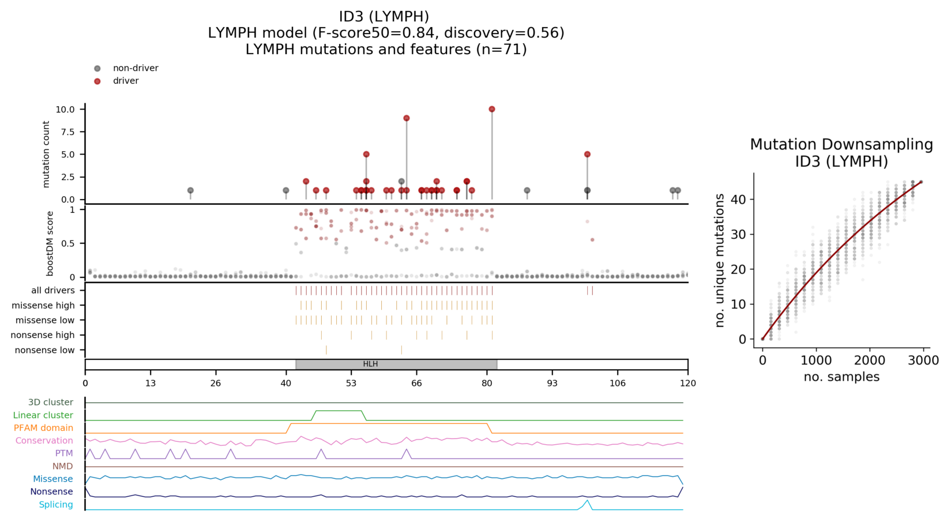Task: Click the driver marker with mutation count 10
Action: point(492,110)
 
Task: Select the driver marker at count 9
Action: point(407,118)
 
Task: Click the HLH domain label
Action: point(370,365)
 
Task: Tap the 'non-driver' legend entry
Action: point(135,68)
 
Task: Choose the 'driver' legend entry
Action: point(125,81)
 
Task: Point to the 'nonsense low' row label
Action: point(45,350)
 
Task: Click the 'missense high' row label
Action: point(43,305)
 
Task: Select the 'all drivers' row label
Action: point(53,290)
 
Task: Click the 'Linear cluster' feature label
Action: point(43,415)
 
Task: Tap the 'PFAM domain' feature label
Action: point(43,428)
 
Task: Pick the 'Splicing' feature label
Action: point(56,505)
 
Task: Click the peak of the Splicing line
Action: point(587,501)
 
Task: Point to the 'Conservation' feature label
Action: point(44,441)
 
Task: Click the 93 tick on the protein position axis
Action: point(553,383)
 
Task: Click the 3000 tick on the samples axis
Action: point(923,360)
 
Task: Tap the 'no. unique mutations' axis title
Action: point(720,261)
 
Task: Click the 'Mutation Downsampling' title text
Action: point(841,144)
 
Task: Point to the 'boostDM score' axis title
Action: point(50,243)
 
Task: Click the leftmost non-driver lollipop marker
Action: point(190,191)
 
